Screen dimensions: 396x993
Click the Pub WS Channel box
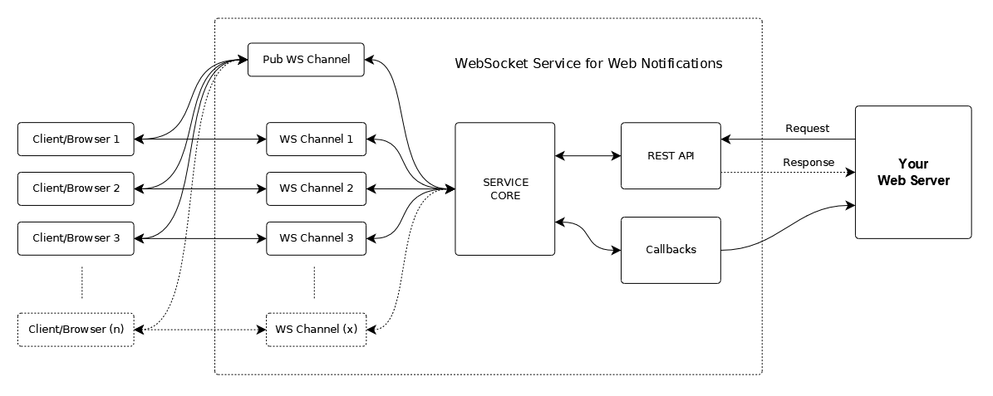tap(306, 60)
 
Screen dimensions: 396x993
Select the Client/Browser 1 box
tap(76, 139)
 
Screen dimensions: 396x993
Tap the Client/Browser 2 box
tap(76, 188)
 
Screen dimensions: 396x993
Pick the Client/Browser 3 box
tap(76, 238)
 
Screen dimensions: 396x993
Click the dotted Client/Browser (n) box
tap(76, 330)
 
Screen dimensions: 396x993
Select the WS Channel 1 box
tap(316, 139)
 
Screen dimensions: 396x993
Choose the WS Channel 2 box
tap(316, 188)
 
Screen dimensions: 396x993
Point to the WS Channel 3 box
tap(316, 238)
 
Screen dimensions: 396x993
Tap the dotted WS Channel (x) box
tap(316, 330)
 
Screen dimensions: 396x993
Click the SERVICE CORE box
tap(504, 188)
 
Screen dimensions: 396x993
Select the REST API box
tap(671, 155)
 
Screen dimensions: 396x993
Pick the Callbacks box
tap(671, 250)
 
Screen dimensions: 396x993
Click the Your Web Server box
tap(912, 172)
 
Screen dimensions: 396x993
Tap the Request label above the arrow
tap(807, 128)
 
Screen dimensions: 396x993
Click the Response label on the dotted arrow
tap(808, 162)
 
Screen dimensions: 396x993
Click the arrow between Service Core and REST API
tap(587, 155)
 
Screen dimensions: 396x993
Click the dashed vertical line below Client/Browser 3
tap(82, 282)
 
